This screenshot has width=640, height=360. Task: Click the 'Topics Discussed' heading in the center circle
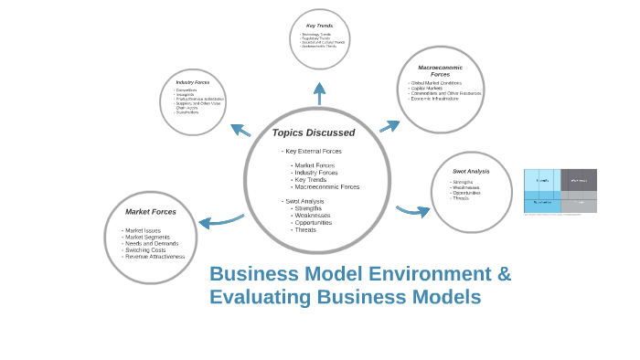pos(314,132)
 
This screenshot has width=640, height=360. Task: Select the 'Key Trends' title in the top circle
pos(319,26)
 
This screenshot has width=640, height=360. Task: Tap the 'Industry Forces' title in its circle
pos(192,82)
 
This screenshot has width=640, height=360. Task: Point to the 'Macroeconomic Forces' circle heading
pos(440,70)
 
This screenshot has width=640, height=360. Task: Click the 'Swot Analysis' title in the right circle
pos(471,171)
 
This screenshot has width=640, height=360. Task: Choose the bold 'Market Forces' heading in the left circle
pos(151,212)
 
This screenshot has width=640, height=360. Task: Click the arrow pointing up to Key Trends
pos(319,92)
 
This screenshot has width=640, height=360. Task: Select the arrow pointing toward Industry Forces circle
pos(240,130)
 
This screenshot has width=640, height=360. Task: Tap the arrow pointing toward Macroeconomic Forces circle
pos(389,125)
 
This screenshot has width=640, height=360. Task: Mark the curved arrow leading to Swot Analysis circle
pos(413,211)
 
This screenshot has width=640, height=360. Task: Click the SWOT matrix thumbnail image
pos(560,191)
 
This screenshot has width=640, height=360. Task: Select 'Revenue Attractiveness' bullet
pos(155,257)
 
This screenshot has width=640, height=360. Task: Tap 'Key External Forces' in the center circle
pos(313,151)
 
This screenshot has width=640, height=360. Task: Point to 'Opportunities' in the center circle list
pos(314,223)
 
